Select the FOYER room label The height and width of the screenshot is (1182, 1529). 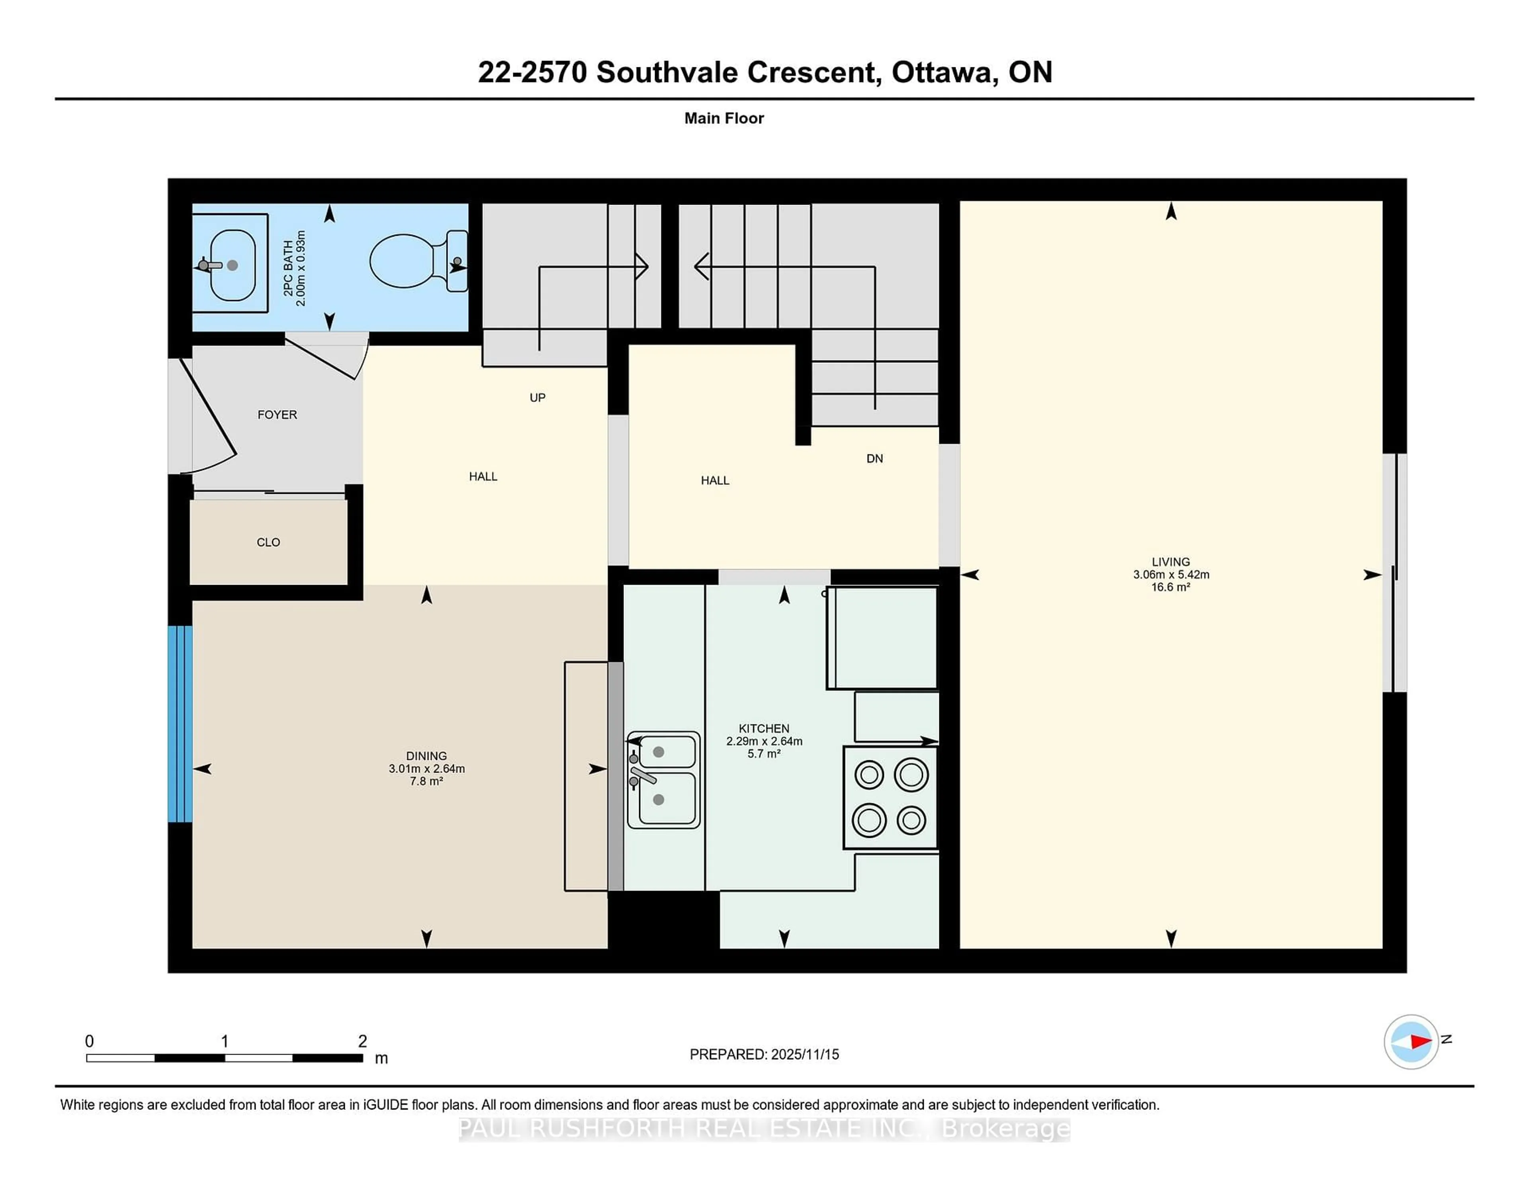pyautogui.click(x=277, y=415)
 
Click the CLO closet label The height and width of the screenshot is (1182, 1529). pyautogui.click(x=268, y=542)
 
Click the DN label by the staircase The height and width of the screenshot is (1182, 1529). pyautogui.click(x=874, y=459)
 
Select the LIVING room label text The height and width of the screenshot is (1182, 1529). pyautogui.click(x=1171, y=562)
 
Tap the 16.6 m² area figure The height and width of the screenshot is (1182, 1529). pyautogui.click(x=1171, y=587)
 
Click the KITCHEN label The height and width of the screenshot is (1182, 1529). pyautogui.click(x=764, y=728)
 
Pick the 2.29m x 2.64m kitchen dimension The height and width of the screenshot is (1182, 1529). pyautogui.click(x=764, y=741)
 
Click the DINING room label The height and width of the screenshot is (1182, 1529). pyautogui.click(x=426, y=755)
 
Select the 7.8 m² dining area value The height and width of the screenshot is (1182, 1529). pyautogui.click(x=426, y=781)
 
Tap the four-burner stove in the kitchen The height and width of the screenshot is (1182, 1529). pyautogui.click(x=890, y=798)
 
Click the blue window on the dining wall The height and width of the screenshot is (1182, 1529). pyautogui.click(x=180, y=723)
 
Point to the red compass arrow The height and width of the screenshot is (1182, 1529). pyautogui.click(x=1420, y=1042)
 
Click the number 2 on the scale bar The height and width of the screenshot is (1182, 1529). pyautogui.click(x=362, y=1041)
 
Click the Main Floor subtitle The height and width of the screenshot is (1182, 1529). pyautogui.click(x=724, y=118)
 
